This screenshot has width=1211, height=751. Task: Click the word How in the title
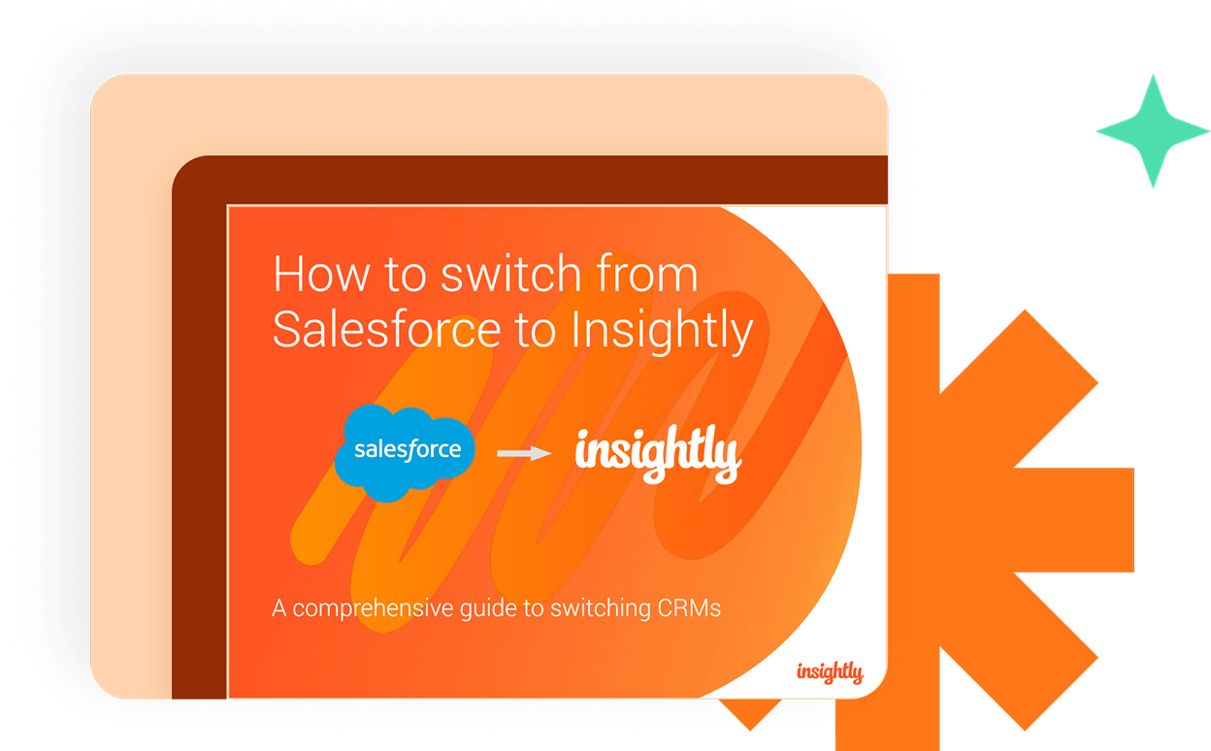click(321, 274)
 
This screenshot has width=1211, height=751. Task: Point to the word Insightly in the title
click(662, 332)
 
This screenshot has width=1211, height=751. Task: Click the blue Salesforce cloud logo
click(405, 452)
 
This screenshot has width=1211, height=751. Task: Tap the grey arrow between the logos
click(524, 453)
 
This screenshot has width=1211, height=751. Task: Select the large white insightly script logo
click(658, 454)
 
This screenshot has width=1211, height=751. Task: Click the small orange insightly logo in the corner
click(830, 672)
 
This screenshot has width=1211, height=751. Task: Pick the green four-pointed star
click(1153, 131)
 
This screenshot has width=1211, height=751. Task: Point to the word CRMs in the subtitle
click(689, 608)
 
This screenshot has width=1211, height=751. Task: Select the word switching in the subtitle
click(601, 608)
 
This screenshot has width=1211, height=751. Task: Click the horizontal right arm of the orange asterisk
click(1073, 520)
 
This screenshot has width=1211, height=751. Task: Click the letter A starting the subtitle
click(278, 608)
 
